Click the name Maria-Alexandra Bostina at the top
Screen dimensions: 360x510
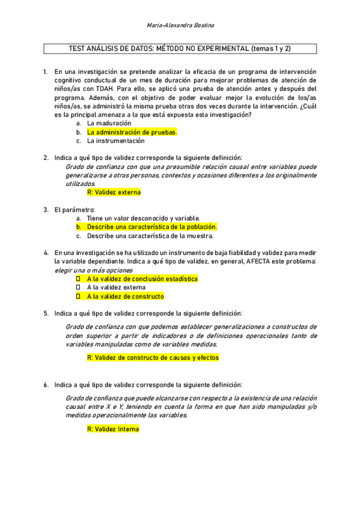click(x=180, y=25)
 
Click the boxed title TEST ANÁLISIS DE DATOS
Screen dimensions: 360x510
click(x=180, y=49)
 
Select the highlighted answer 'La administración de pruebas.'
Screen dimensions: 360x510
click(x=132, y=132)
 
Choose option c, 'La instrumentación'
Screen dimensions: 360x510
click(x=115, y=141)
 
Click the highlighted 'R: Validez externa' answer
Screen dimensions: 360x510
click(x=114, y=192)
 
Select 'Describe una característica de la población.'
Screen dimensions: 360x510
click(x=151, y=227)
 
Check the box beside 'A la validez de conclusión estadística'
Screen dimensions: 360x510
click(x=78, y=279)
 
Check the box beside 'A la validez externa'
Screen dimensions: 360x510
click(x=78, y=287)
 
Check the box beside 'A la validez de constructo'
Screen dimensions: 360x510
click(x=78, y=296)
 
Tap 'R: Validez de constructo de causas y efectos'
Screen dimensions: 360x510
click(x=153, y=357)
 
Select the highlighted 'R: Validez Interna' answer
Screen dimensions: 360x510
click(x=113, y=429)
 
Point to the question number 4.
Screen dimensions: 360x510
click(x=46, y=253)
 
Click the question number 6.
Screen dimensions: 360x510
click(x=46, y=384)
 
